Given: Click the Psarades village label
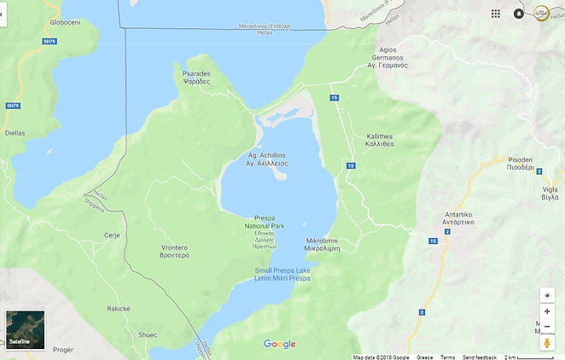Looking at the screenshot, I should [196, 77].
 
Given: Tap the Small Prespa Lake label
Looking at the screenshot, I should [282, 275].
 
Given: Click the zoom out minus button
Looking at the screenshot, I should [547, 326].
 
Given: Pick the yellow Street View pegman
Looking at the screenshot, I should [547, 342].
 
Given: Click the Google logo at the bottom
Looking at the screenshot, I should [279, 344].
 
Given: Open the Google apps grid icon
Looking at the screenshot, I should [496, 14].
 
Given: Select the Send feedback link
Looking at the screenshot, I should [480, 357].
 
